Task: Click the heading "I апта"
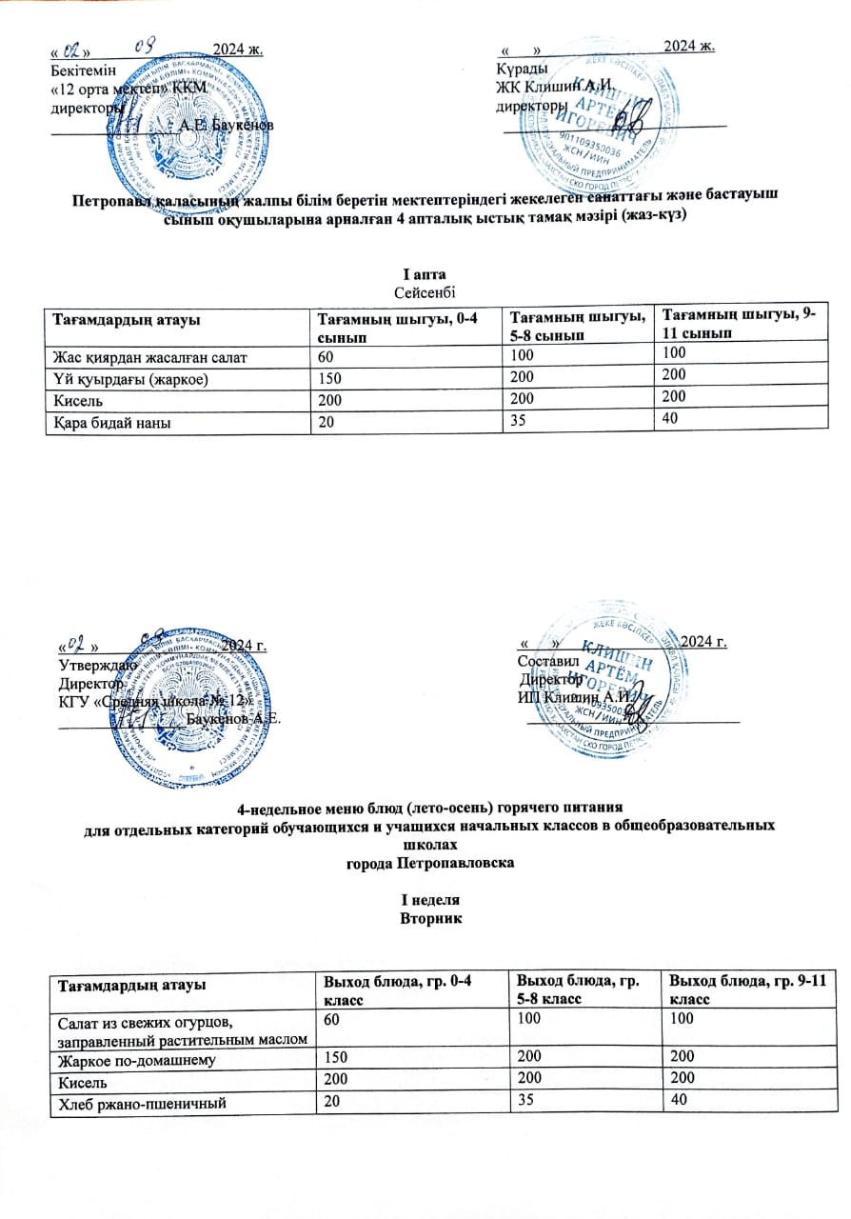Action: (425, 274)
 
